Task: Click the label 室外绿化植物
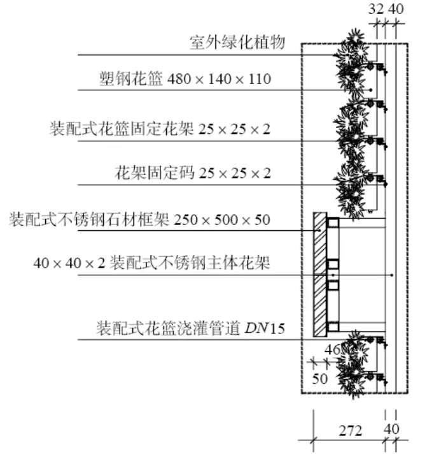pyautogui.click(x=237, y=42)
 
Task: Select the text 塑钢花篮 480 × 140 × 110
pyautogui.click(x=185, y=79)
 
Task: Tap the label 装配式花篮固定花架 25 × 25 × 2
pyautogui.click(x=160, y=129)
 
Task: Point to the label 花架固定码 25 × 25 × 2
pyautogui.click(x=193, y=173)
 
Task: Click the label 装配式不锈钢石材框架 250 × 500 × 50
pyautogui.click(x=139, y=219)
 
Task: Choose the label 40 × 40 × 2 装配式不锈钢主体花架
pyautogui.click(x=151, y=263)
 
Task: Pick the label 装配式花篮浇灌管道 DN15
pyautogui.click(x=191, y=328)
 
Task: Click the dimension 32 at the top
pyautogui.click(x=376, y=9)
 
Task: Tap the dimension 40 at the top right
pyautogui.click(x=396, y=9)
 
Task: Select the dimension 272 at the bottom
pyautogui.click(x=350, y=431)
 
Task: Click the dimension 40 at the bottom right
pyautogui.click(x=391, y=429)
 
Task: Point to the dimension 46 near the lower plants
pyautogui.click(x=332, y=350)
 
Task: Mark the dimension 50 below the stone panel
pyautogui.click(x=319, y=379)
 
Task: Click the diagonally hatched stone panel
pyautogui.click(x=320, y=274)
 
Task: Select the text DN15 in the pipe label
pyautogui.click(x=265, y=328)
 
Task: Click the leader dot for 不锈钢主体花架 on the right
pyautogui.click(x=392, y=275)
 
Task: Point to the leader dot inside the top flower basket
pyautogui.click(x=370, y=90)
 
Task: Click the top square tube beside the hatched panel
pyautogui.click(x=333, y=223)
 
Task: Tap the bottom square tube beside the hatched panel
pyautogui.click(x=333, y=327)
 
